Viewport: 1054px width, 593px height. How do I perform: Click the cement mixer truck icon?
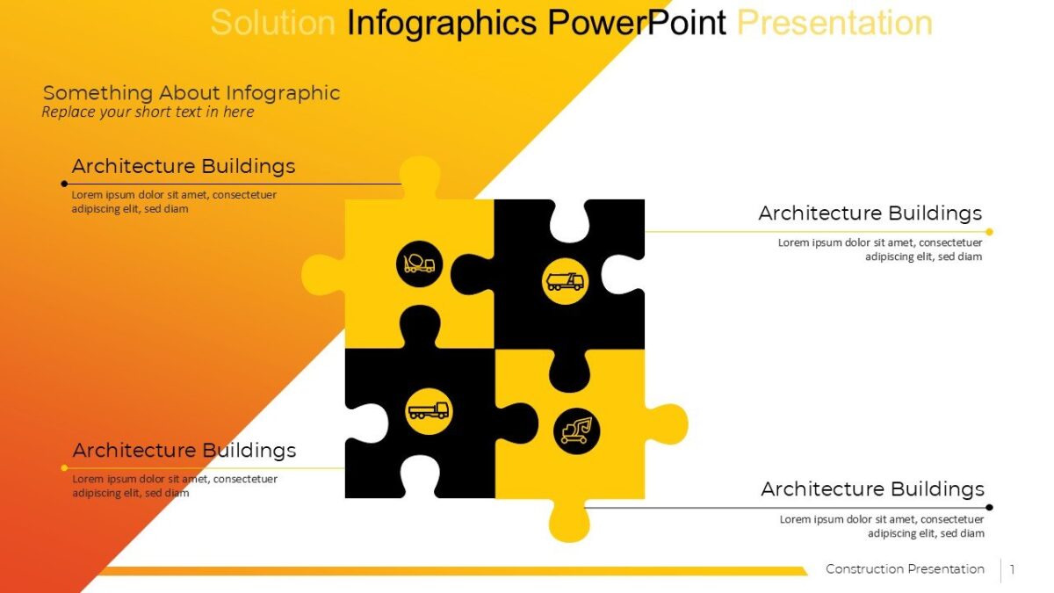pyautogui.click(x=419, y=263)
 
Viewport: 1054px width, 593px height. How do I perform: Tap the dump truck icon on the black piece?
pyautogui.click(x=565, y=281)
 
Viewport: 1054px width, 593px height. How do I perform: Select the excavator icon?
pyautogui.click(x=576, y=431)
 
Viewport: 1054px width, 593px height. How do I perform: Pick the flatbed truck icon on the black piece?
pyautogui.click(x=429, y=411)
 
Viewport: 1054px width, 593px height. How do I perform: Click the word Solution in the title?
pyautogui.click(x=272, y=23)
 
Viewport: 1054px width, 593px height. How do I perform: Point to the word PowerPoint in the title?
pyautogui.click(x=637, y=23)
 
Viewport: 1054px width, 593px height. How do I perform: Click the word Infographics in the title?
pyautogui.click(x=442, y=23)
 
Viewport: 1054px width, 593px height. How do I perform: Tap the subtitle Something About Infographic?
pyautogui.click(x=191, y=92)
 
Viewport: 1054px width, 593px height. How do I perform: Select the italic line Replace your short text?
pyautogui.click(x=148, y=112)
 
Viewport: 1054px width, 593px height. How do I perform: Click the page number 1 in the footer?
pyautogui.click(x=1012, y=569)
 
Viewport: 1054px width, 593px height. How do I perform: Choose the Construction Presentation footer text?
pyautogui.click(x=905, y=569)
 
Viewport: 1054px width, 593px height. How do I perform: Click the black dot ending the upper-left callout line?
pyautogui.click(x=64, y=184)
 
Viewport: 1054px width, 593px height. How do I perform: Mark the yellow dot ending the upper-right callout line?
pyautogui.click(x=989, y=232)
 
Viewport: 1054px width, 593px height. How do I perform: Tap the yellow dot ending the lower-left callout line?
pyautogui.click(x=64, y=467)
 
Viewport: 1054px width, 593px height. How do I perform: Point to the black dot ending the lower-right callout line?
pyautogui.click(x=989, y=507)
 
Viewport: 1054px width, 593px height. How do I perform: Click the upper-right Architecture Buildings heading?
pyautogui.click(x=870, y=213)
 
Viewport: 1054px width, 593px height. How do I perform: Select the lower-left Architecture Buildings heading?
pyautogui.click(x=184, y=451)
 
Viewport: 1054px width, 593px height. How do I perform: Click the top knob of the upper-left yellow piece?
pyautogui.click(x=420, y=176)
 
